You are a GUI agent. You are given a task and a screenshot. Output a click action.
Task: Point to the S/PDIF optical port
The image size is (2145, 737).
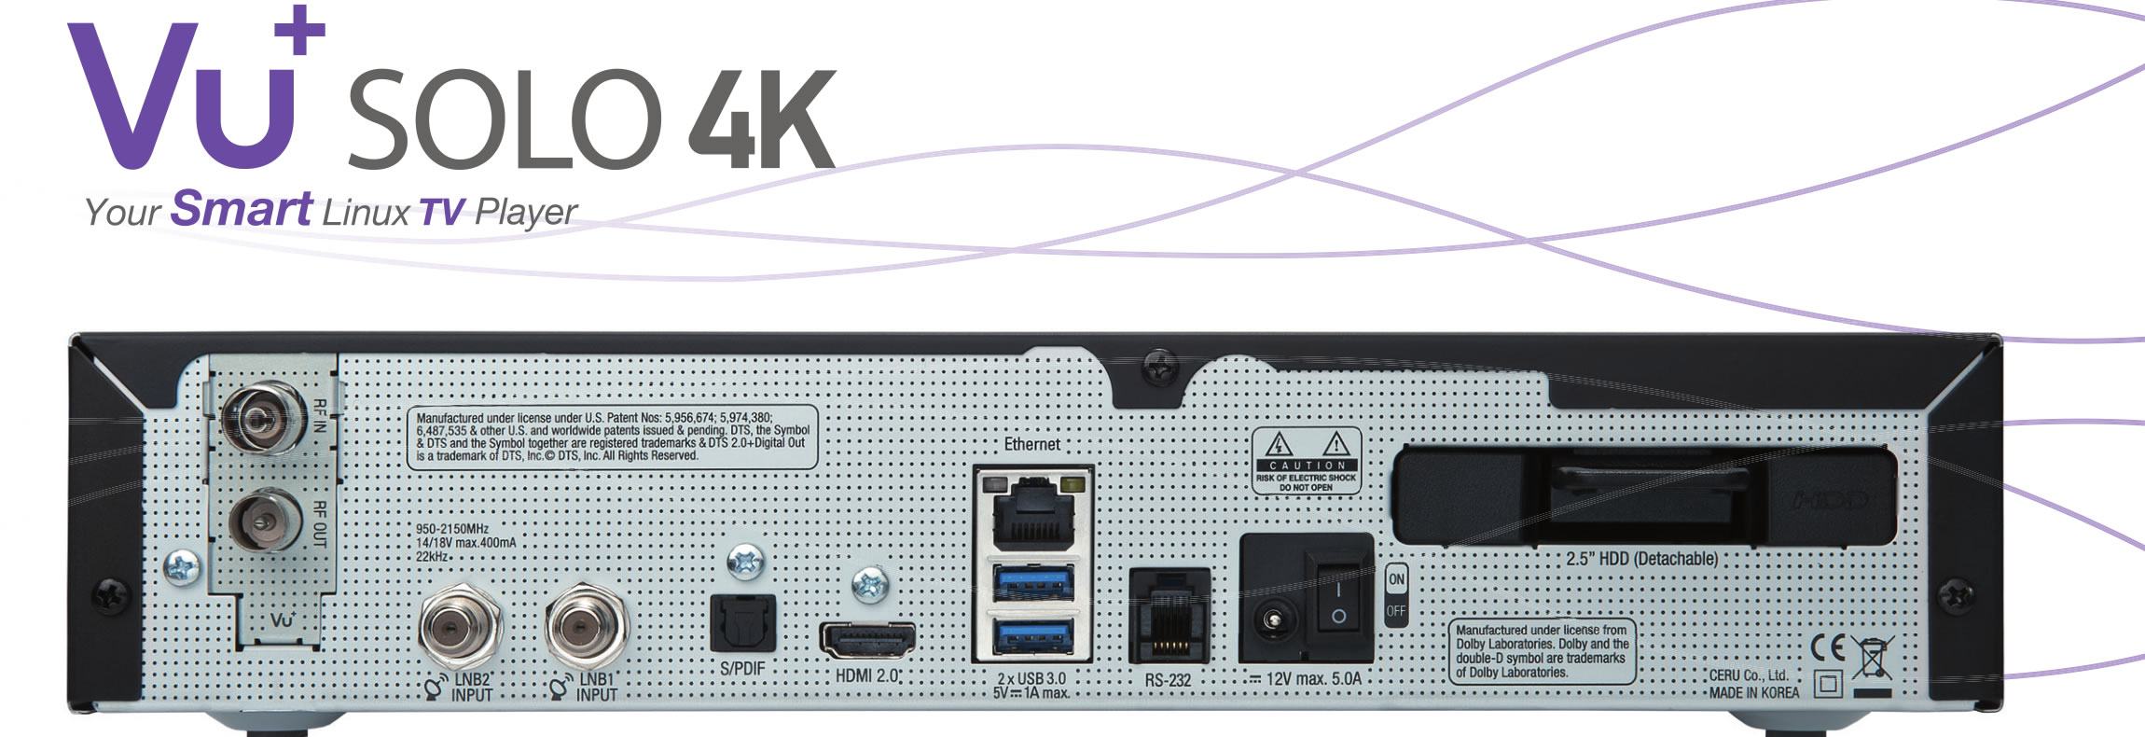pos(742,624)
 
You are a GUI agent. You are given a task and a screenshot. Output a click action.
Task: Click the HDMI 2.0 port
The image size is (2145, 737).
pos(867,640)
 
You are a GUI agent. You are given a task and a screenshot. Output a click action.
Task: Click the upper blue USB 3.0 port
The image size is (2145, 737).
pos(1033,583)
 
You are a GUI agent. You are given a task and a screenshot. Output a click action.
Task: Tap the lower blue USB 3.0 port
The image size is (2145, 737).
pos(1033,637)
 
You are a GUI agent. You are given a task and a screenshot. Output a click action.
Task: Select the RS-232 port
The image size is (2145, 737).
pos(1169,617)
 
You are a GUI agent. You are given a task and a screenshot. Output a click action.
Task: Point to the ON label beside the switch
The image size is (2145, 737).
pos(1396,579)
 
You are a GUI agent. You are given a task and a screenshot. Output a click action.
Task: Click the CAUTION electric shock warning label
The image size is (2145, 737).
pos(1306,460)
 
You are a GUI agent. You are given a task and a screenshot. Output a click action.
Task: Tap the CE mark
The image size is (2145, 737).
pos(1828,647)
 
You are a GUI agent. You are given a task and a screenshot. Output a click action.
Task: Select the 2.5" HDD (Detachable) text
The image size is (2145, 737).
pos(1641,559)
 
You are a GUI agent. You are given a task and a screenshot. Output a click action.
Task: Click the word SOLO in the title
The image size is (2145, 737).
pos(505,119)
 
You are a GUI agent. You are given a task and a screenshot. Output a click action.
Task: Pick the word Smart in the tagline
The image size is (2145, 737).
pos(242,208)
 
